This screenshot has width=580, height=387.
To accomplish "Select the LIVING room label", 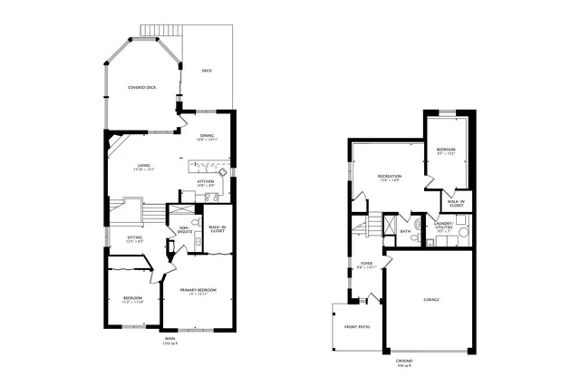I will pos(144,166).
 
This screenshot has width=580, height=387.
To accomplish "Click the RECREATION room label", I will pos(390,177).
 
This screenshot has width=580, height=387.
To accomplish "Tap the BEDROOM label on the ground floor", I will pos(445,150).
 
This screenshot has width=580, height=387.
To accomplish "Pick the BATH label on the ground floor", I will pos(405,231).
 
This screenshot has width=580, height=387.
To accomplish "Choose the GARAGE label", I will pos(430,299).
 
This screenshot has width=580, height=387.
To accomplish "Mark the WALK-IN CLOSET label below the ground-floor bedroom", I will pos(455,205).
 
